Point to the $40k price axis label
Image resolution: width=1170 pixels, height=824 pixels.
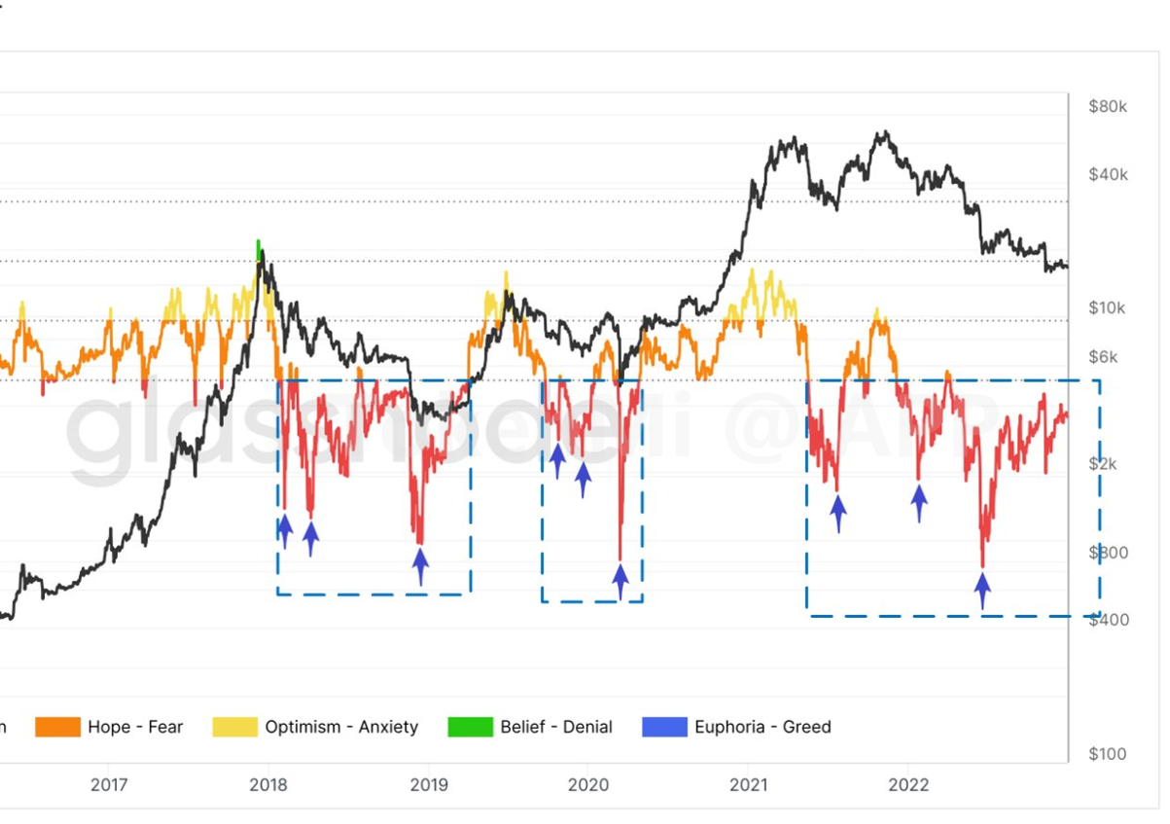1109,175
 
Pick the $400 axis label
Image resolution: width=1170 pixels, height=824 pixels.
1109,620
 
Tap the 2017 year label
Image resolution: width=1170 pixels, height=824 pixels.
109,785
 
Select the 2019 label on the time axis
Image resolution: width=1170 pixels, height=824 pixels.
429,785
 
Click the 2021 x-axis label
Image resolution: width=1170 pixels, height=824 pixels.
750,785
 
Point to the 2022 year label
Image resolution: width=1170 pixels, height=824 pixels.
909,785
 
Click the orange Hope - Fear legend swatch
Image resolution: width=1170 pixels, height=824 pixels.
56,727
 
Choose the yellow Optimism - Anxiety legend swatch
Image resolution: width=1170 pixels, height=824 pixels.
234,727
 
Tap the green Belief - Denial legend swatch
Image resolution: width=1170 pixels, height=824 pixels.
470,727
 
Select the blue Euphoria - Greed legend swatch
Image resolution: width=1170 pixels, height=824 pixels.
664,727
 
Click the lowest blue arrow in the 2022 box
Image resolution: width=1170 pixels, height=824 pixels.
982,590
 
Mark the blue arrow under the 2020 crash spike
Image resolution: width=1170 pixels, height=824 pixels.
620,582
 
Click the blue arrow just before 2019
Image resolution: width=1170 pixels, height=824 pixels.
420,565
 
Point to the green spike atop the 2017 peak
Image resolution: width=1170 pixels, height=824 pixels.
258,248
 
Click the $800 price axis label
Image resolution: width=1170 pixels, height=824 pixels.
1109,553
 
